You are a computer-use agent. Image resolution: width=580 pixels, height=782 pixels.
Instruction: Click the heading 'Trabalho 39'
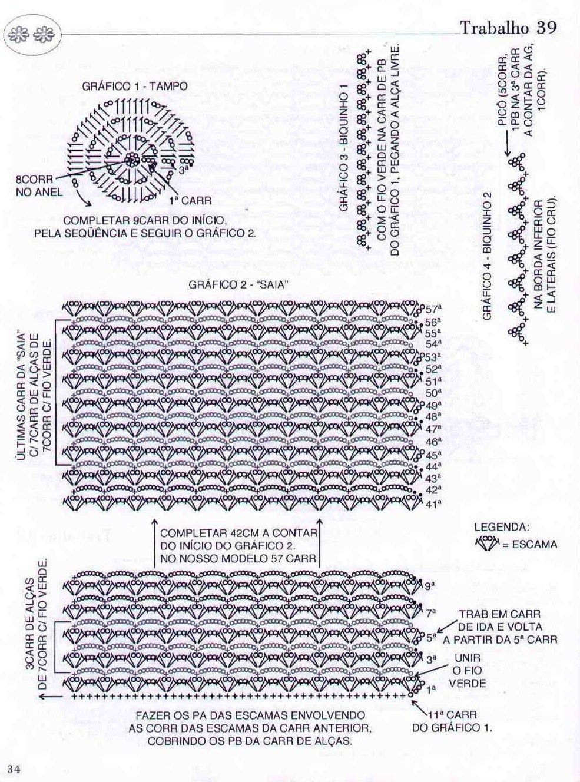(x=508, y=28)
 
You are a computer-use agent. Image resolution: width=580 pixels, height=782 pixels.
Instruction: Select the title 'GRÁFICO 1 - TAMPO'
(x=135, y=86)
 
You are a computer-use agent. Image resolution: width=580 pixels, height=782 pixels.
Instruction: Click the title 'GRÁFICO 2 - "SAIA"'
(x=238, y=284)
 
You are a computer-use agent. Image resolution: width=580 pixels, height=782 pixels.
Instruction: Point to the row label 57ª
(x=434, y=308)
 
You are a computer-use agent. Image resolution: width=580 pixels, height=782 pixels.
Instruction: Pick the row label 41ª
(x=433, y=503)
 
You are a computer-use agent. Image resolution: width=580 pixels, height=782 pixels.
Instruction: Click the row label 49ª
(x=433, y=406)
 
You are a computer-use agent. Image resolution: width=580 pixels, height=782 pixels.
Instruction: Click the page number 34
(x=15, y=768)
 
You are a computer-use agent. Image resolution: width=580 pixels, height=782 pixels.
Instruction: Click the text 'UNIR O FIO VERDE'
(x=468, y=671)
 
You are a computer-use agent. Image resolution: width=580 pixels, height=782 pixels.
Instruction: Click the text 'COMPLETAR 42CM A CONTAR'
(x=238, y=532)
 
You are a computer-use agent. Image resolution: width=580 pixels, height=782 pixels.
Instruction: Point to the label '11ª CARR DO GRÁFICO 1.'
(x=452, y=721)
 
